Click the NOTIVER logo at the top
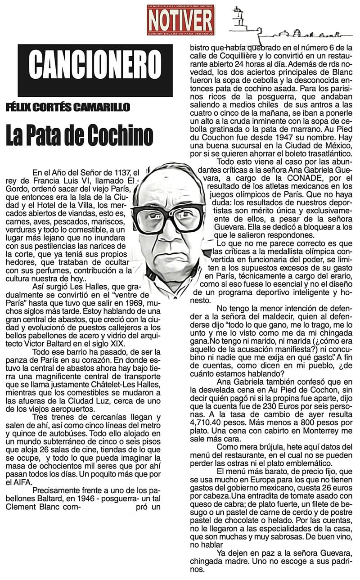click(x=180, y=19)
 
